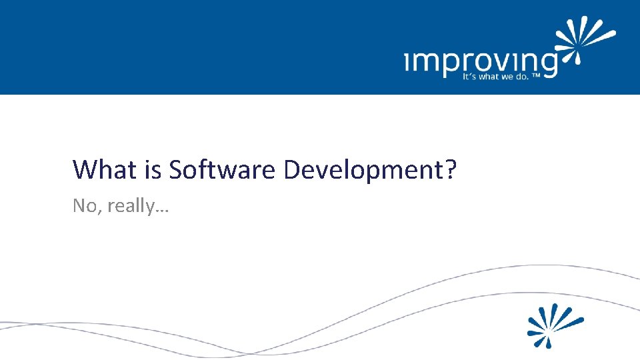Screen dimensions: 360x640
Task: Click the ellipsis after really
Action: coord(163,210)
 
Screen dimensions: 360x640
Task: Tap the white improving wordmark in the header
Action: coord(480,63)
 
